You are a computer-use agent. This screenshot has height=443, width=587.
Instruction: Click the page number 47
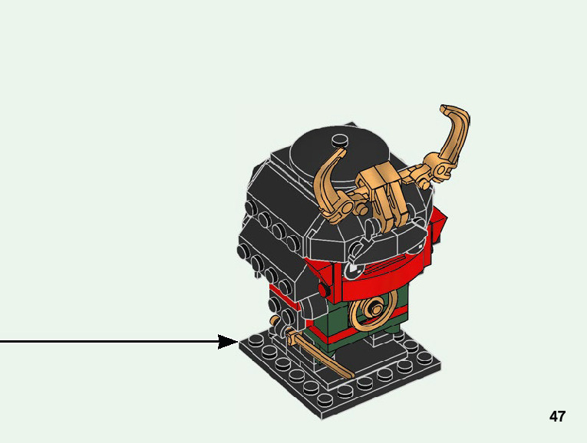557,417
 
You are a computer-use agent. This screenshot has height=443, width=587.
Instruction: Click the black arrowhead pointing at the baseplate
229,342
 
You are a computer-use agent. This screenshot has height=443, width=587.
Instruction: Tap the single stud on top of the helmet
338,139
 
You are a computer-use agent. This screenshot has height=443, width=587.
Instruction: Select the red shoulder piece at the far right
437,226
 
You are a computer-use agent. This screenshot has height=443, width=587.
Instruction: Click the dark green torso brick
338,322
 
